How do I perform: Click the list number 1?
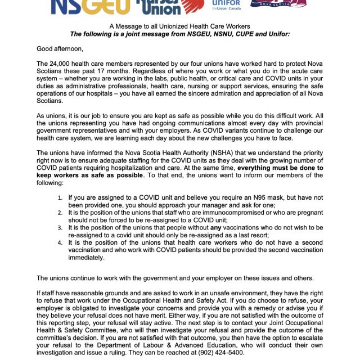pos(60,197)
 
